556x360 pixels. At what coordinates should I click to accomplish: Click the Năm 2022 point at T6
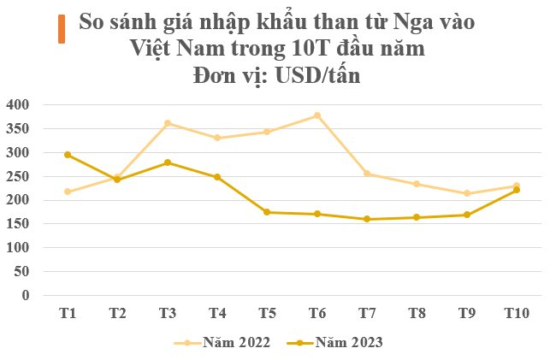[x=317, y=115]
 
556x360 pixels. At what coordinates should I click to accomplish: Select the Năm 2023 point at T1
[x=68, y=155]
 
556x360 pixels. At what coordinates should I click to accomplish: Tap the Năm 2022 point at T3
[x=168, y=123]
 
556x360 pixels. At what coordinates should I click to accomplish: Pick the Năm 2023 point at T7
[x=367, y=220]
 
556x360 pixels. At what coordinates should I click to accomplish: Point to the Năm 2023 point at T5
[x=267, y=212]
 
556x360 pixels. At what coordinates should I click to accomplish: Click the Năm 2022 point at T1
[x=68, y=192]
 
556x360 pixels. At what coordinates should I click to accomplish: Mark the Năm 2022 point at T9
[x=467, y=194]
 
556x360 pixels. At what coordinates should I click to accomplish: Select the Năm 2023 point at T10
[x=517, y=190]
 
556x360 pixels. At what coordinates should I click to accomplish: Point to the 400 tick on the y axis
[x=17, y=105]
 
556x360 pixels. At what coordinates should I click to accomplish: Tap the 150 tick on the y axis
[x=17, y=224]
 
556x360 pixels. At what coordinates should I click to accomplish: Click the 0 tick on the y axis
[x=26, y=296]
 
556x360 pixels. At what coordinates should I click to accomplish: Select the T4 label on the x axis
[x=217, y=314]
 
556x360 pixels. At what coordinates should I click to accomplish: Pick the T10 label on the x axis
[x=517, y=314]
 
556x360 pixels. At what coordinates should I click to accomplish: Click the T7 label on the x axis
[x=367, y=314]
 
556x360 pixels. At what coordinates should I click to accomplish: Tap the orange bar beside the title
[x=61, y=28]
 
